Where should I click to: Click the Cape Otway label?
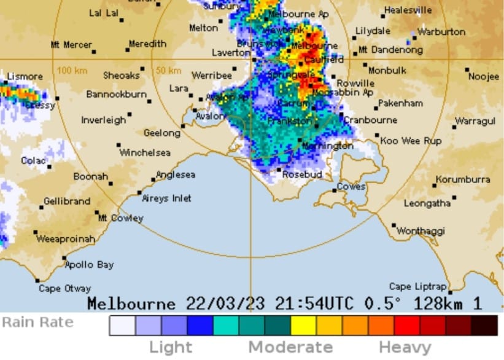click(x=64, y=288)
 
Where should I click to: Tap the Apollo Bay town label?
click(x=89, y=265)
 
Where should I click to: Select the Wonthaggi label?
click(x=420, y=231)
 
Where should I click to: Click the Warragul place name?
click(x=475, y=121)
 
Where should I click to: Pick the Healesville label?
click(x=408, y=10)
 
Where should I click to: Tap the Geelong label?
click(x=161, y=133)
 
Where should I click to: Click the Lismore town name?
click(x=25, y=76)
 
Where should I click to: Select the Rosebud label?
click(x=302, y=174)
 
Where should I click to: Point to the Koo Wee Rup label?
click(x=411, y=141)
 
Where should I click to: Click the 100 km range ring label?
click(x=72, y=70)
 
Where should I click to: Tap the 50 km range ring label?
click(x=168, y=70)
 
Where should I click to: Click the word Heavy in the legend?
click(x=405, y=347)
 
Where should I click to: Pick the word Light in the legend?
click(x=171, y=347)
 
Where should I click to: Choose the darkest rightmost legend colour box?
click(x=485, y=325)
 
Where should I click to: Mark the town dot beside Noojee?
click(x=467, y=69)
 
